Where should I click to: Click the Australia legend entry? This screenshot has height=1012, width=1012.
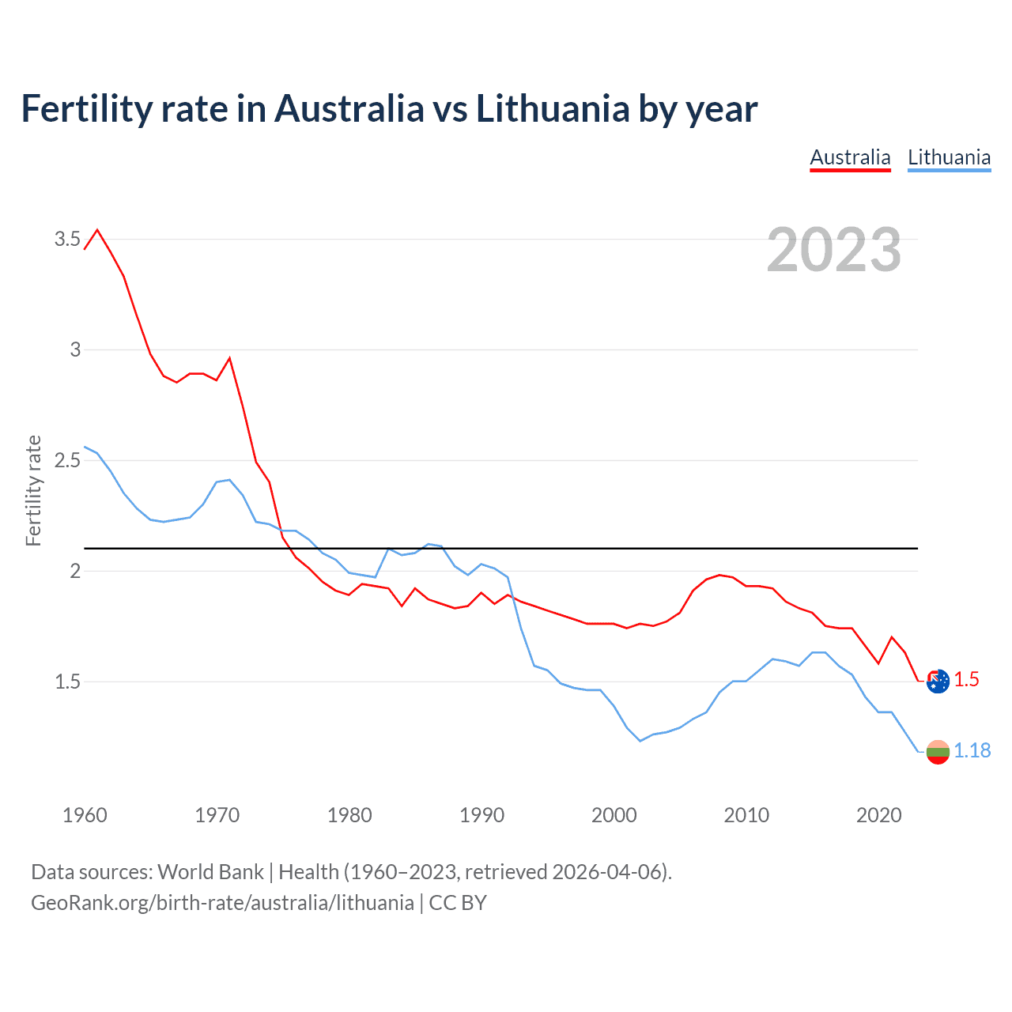point(850,157)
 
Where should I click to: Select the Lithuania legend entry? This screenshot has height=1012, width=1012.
point(949,157)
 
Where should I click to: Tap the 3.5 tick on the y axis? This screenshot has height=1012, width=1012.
point(67,239)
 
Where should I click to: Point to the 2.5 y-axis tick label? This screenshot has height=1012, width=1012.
point(67,460)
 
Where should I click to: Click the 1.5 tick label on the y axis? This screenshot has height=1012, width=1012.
point(67,682)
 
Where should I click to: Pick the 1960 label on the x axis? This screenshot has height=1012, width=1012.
point(85,815)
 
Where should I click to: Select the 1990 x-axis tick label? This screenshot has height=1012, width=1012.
point(481,815)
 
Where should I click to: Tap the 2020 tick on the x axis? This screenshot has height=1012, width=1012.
point(878,815)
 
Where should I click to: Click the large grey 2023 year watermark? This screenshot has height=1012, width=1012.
point(833,250)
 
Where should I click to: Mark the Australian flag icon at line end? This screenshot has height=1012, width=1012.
point(938,681)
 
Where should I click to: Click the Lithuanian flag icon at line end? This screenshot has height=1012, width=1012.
point(938,752)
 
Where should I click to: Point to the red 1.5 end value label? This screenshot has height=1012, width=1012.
point(966,680)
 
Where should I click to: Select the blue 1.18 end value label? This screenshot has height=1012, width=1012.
point(972,750)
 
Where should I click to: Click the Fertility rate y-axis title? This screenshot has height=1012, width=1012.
point(33,490)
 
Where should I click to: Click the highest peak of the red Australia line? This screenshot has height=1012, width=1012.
point(97,230)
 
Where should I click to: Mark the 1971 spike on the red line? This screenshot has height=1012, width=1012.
point(229,358)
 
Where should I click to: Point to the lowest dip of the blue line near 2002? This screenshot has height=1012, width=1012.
point(640,741)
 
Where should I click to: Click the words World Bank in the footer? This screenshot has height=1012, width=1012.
point(210,872)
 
